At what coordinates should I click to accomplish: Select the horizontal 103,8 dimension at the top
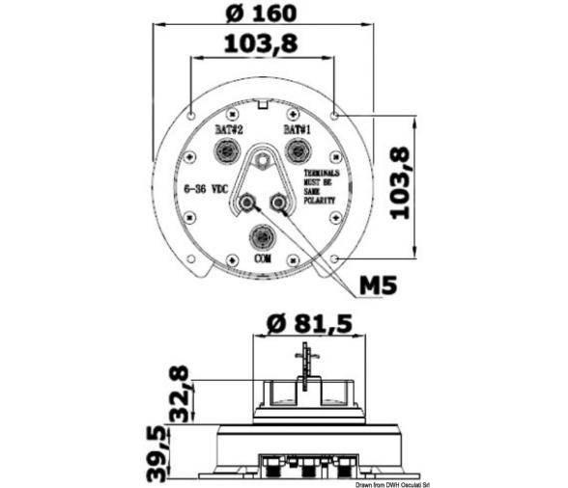[261, 43]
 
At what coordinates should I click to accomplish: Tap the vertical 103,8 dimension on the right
[397, 183]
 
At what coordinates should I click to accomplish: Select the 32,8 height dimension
[178, 393]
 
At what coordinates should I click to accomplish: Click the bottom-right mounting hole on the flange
[334, 258]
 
